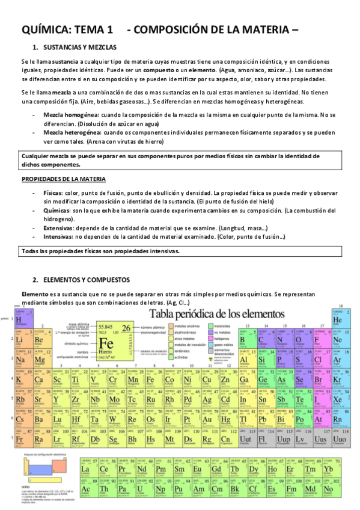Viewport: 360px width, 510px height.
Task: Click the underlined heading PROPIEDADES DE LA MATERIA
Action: click(64, 179)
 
